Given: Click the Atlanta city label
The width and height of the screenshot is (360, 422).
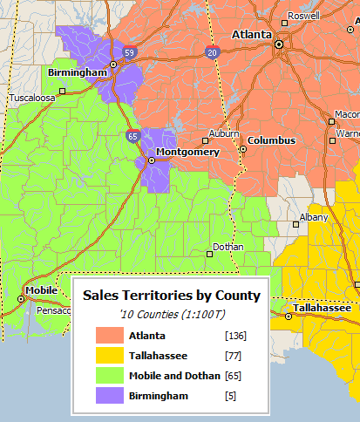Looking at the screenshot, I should pos(251,35).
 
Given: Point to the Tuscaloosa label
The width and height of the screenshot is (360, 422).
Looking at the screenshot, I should pos(32,99).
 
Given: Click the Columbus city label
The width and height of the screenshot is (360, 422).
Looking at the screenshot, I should pos(271,140).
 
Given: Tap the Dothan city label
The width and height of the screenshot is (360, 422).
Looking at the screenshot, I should pos(228,247).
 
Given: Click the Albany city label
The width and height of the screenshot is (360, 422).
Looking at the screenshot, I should pos(314,217).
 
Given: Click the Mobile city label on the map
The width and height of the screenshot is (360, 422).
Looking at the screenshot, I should pos(41,290).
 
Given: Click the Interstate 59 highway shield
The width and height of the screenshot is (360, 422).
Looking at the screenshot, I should pos(128,52).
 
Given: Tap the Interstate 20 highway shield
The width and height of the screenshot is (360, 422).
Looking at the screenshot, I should pos(213,53).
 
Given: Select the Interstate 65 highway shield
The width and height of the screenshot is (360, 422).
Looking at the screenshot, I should pos(132,135).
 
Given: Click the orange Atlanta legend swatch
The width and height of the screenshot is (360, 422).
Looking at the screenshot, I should pos(109,335).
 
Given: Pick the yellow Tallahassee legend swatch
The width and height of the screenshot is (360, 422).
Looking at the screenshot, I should pos(109,355).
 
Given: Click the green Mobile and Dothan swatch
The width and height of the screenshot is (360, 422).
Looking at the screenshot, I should pos(109,376).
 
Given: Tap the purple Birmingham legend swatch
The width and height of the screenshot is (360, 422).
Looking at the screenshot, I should pos(109,396).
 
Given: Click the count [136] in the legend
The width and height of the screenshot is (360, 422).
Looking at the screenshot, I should pos(234,335).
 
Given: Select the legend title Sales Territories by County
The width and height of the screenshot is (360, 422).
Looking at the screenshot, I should pos(172,296).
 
